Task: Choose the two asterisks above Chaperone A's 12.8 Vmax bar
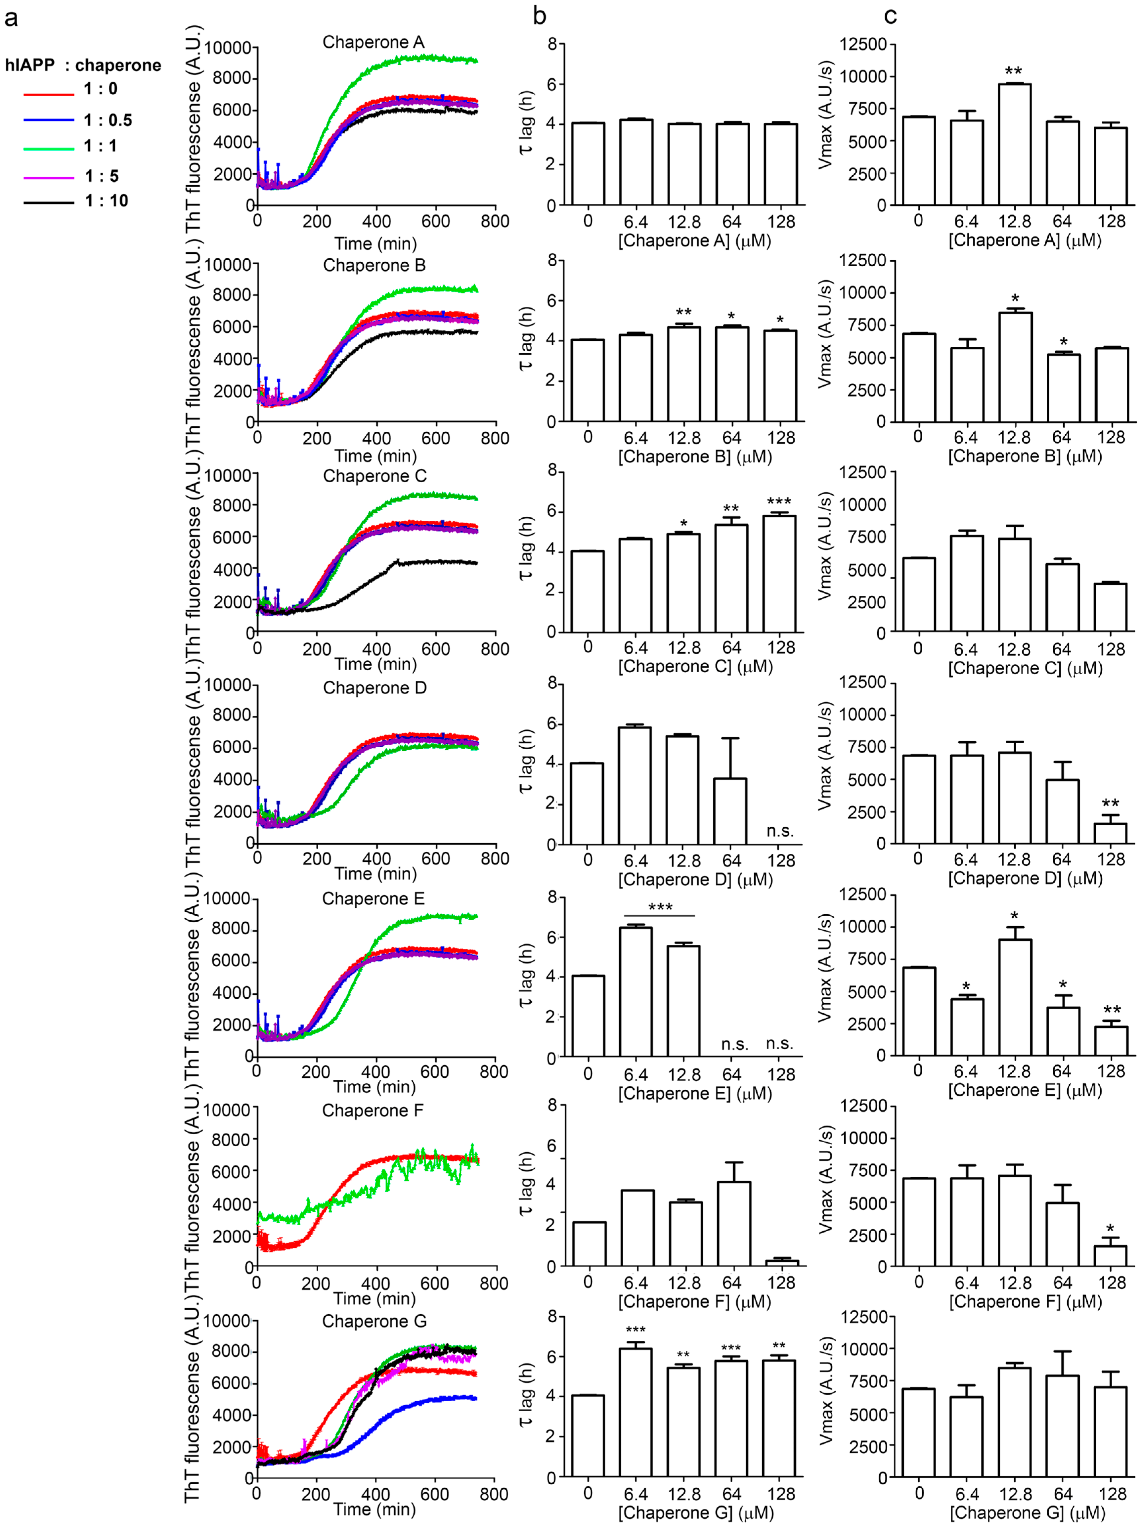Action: (x=1014, y=71)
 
